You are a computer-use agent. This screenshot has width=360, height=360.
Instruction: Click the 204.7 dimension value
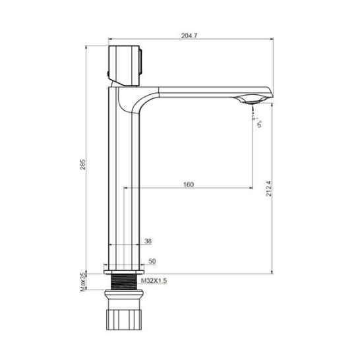189,36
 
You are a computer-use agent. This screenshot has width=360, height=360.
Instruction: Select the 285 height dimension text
82,164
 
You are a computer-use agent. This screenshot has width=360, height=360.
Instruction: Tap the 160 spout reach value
189,185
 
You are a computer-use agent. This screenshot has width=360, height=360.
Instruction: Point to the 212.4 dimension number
268,189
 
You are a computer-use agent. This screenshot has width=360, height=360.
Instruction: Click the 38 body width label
148,241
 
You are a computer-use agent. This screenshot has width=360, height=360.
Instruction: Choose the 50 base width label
152,261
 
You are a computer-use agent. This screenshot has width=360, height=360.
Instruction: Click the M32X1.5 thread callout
154,281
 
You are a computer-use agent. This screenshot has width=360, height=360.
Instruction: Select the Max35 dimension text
82,282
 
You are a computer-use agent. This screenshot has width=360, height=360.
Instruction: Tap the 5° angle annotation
260,124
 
